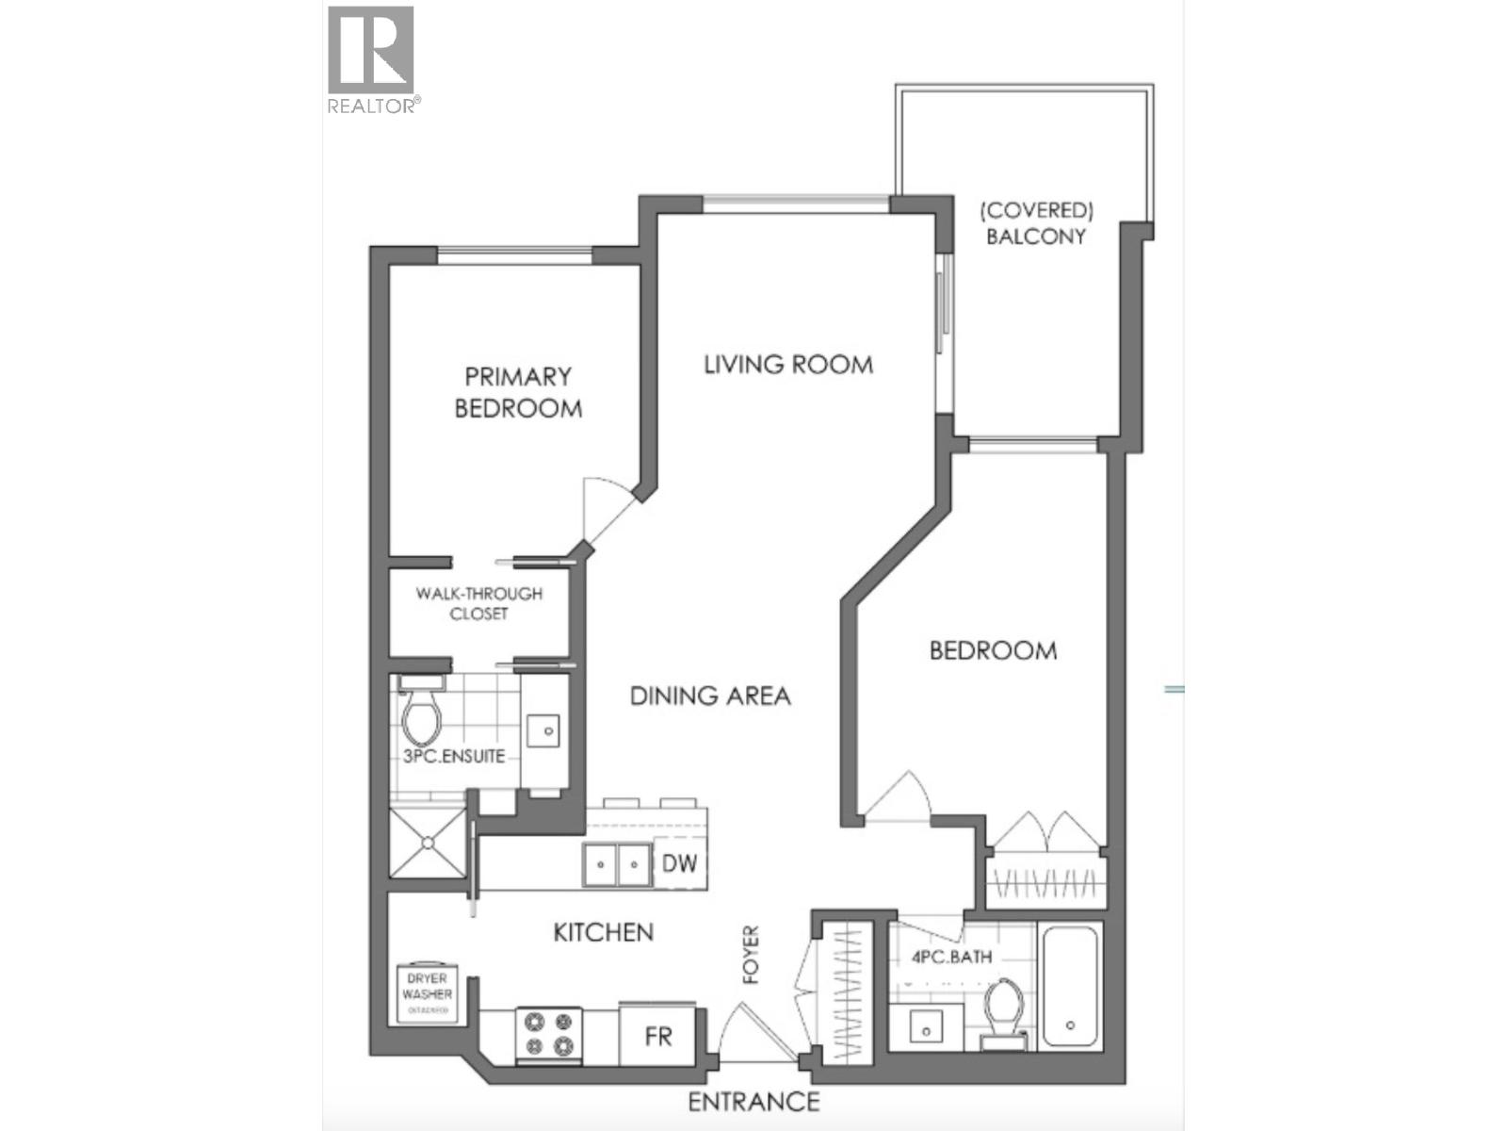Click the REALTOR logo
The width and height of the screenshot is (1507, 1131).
[x=371, y=58]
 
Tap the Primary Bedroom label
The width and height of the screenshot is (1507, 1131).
[x=518, y=392]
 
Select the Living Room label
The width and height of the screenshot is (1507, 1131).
[x=788, y=365]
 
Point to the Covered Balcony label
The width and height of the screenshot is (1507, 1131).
[x=1036, y=223]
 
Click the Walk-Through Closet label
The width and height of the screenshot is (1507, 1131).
[x=479, y=603]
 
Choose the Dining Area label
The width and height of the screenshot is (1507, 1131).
[x=710, y=697]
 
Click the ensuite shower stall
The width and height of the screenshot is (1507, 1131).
[x=428, y=844]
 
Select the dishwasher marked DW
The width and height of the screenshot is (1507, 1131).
[x=678, y=862]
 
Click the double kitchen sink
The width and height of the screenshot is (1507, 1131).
[x=617, y=863]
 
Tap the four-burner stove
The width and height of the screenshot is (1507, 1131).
[x=549, y=1034]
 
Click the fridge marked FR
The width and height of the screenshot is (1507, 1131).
[x=658, y=1036]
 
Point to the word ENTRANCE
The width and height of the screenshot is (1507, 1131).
[x=753, y=1101]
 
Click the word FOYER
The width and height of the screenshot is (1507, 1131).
[x=751, y=955]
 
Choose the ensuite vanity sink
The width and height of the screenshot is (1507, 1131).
[x=544, y=729]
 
